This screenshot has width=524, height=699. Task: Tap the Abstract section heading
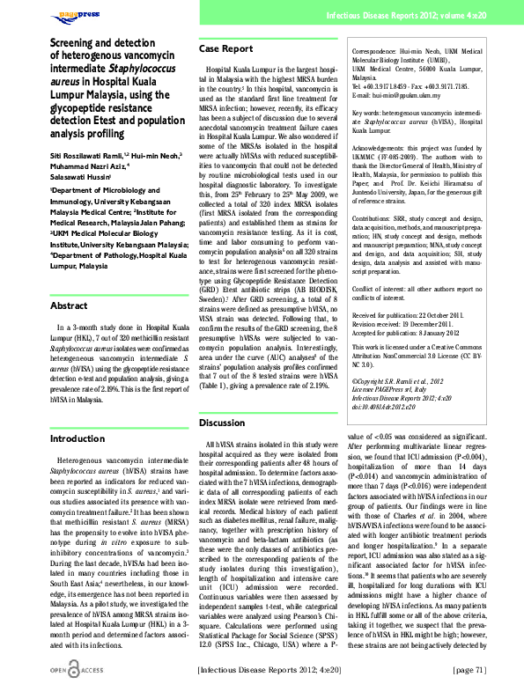coord(69,256)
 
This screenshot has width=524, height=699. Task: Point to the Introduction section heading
coord(77,438)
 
